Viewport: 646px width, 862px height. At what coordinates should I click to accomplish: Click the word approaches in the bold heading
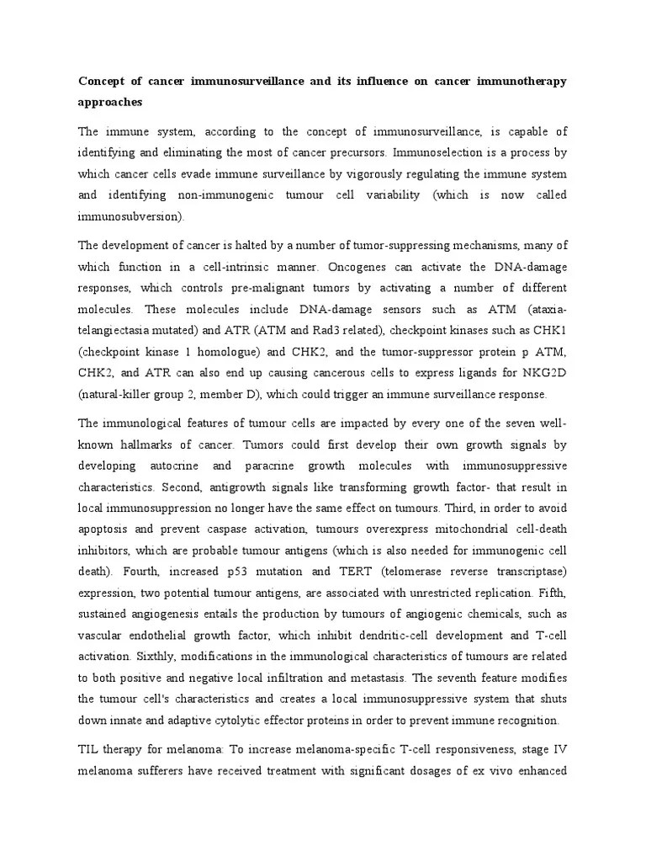110,102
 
